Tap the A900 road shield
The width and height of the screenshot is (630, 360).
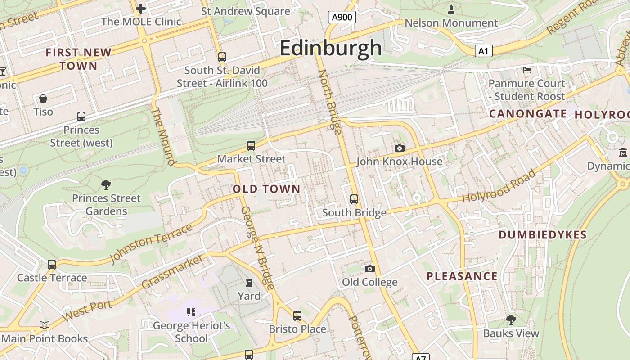tap(342, 18)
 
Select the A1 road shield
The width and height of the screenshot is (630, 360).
tap(483, 51)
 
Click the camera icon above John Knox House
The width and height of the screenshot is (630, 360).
tap(399, 148)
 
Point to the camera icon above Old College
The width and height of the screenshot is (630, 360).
tap(369, 269)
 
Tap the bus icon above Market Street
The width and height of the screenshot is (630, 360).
tap(251, 146)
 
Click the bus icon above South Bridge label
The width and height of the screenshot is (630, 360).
tap(354, 199)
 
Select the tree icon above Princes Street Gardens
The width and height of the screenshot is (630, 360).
tap(106, 184)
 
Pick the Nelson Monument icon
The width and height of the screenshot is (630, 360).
tap(451, 9)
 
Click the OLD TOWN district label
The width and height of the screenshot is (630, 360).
tap(266, 189)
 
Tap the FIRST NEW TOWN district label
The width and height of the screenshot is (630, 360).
tap(79, 59)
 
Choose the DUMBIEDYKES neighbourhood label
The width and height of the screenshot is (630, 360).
tap(543, 234)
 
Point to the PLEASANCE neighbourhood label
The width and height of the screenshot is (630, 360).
tap(462, 276)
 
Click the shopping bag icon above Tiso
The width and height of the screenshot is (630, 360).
tap(43, 98)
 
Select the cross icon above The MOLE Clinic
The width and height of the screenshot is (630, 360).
tap(141, 8)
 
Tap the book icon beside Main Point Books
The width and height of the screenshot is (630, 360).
tap(44, 325)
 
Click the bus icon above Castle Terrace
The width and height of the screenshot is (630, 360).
tap(52, 264)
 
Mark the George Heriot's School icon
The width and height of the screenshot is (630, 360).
tap(191, 312)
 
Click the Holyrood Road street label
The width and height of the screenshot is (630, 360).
tap(499, 186)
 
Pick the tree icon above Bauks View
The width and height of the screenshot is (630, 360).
tap(511, 319)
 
